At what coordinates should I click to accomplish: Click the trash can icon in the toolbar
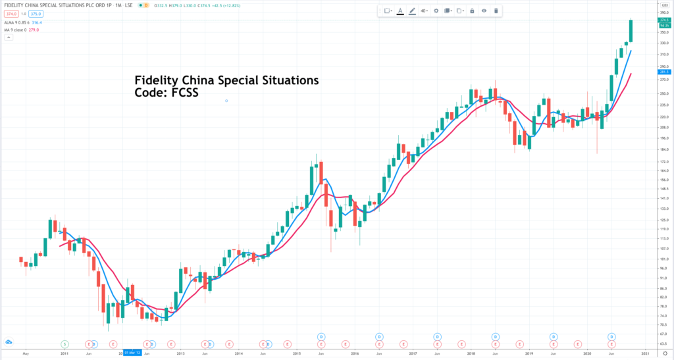tap(496, 11)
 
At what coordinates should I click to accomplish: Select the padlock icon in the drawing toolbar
tap(471, 11)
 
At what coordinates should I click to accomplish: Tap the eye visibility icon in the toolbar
tap(484, 11)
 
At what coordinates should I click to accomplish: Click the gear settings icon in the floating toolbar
tap(436, 11)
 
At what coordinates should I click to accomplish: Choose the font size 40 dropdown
tap(424, 11)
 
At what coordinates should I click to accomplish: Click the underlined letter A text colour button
tap(400, 11)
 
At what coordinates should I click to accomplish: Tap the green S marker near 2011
tap(65, 344)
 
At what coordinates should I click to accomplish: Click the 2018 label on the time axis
tap(471, 353)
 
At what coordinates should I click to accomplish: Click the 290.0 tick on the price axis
tap(663, 66)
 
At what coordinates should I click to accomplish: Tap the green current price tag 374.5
tap(663, 20)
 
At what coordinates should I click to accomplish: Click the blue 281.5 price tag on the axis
tap(663, 72)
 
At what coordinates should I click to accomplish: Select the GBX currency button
tap(663, 5)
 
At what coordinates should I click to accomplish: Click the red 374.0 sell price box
tap(12, 14)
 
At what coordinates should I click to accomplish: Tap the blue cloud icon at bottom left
tap(9, 342)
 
